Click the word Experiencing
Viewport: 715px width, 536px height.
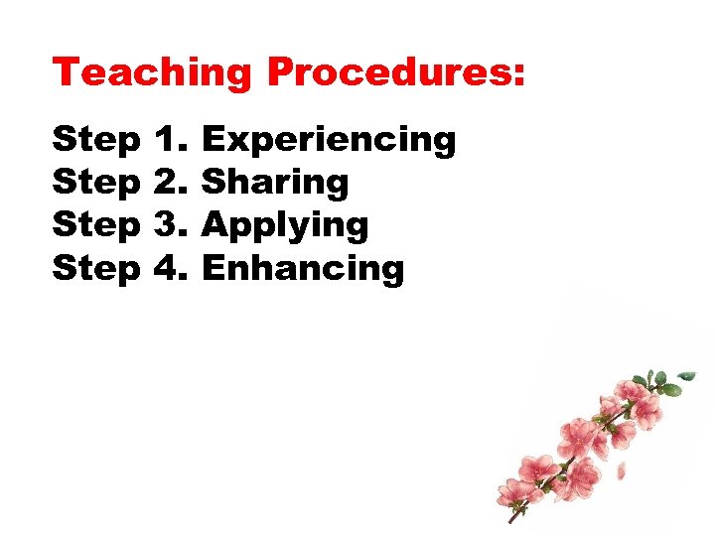click(329, 140)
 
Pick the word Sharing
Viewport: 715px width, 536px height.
click(275, 183)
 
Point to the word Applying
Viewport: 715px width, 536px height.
click(285, 226)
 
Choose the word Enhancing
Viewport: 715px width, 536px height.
click(303, 268)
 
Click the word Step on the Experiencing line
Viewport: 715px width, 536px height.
click(96, 141)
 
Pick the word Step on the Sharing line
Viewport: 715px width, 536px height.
click(96, 184)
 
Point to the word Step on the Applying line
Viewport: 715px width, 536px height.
click(96, 226)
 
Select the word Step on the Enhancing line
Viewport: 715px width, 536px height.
click(96, 269)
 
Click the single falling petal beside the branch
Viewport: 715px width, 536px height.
click(622, 471)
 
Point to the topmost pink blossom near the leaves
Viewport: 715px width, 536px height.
click(633, 388)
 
